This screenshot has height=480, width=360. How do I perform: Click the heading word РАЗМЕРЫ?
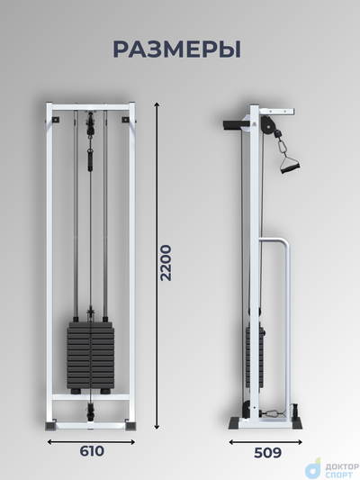pyautogui.click(x=177, y=49)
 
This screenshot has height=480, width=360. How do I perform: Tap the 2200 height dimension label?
pyautogui.click(x=166, y=263)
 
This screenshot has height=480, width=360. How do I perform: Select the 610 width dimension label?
pyautogui.click(x=92, y=451)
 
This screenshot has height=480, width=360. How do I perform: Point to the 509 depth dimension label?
pyautogui.click(x=267, y=453)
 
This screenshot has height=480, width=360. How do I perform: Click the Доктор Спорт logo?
pyautogui.click(x=332, y=468)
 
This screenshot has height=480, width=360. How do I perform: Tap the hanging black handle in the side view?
pyautogui.click(x=289, y=166)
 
